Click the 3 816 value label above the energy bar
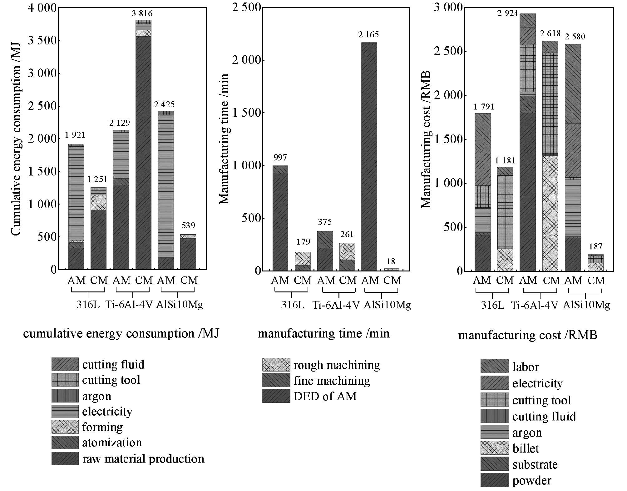tap(142, 13)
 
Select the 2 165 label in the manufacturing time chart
tap(368, 34)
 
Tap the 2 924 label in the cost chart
tap(508, 13)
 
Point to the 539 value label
tap(188, 225)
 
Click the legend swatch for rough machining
tap(276, 365)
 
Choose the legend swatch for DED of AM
tap(276, 396)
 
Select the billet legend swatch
tap(495, 448)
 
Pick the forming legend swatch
tap(65, 427)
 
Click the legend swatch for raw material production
tap(65, 458)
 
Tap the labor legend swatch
tap(495, 366)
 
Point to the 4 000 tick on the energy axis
tap(42, 8)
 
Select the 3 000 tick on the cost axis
tap(448, 8)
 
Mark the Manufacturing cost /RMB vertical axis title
tap(426, 139)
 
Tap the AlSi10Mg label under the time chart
tap(387, 305)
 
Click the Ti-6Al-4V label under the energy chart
tap(129, 304)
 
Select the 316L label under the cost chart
tap(492, 305)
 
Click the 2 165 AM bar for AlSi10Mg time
tap(369, 156)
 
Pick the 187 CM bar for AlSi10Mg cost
tap(595, 263)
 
